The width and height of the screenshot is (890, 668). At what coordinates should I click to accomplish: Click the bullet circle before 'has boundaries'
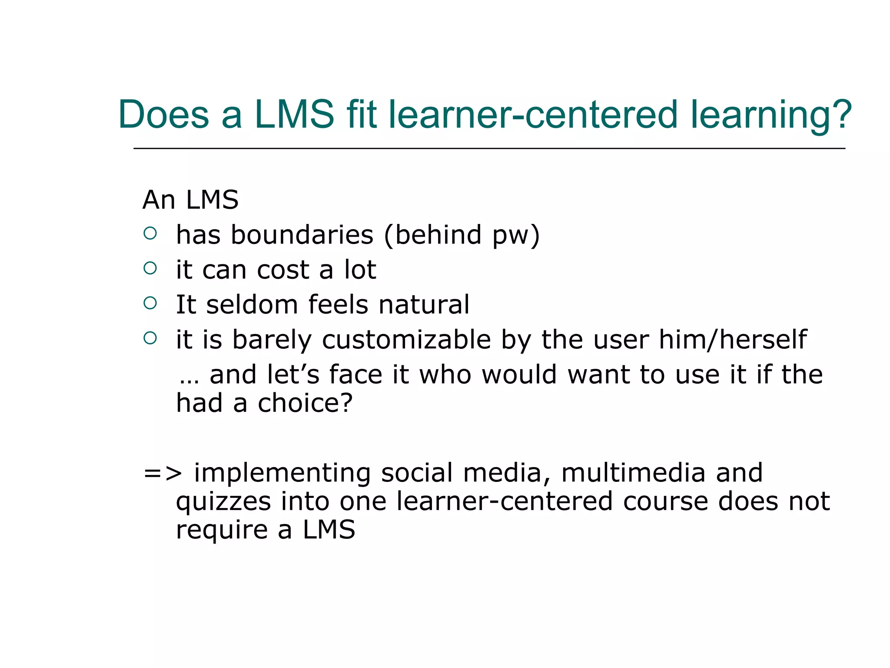(x=150, y=234)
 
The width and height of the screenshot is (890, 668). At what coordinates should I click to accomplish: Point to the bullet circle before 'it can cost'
(x=150, y=268)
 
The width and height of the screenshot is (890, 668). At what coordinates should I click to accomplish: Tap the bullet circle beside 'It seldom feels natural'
(x=150, y=303)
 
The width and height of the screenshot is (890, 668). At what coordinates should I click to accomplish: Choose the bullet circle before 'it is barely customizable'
(x=150, y=338)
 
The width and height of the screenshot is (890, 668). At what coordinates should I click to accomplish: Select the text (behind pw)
(x=462, y=236)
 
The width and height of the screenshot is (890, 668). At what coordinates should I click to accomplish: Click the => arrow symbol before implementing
(x=163, y=474)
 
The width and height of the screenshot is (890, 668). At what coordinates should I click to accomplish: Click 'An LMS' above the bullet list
(x=190, y=200)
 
